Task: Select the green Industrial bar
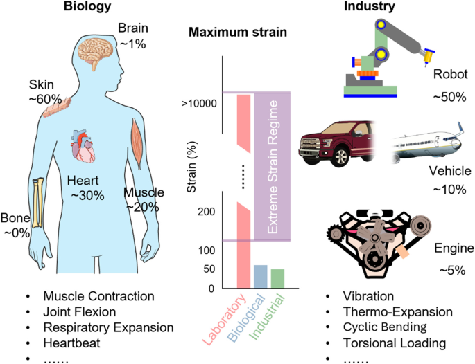point(277,278)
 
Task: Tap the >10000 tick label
point(199,104)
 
